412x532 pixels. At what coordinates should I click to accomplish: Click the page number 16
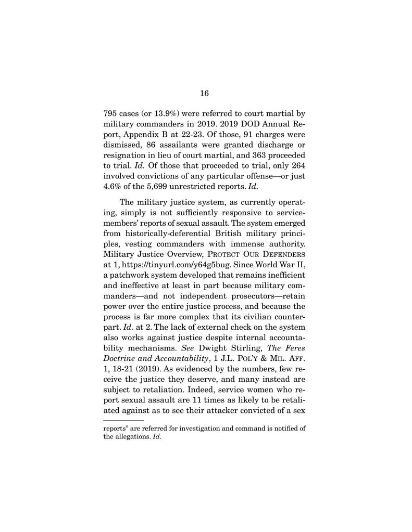point(204,93)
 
